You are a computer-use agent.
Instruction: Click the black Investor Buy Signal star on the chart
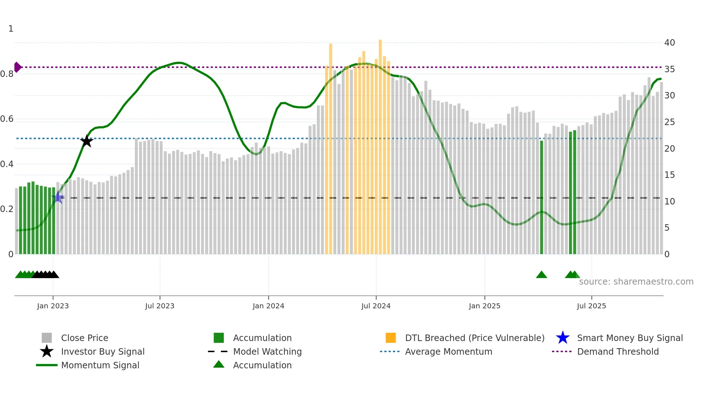pyautogui.click(x=86, y=141)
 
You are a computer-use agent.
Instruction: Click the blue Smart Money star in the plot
pyautogui.click(x=58, y=197)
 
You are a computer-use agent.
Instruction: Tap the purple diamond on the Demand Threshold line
pyautogui.click(x=17, y=67)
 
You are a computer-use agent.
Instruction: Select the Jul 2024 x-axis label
pyautogui.click(x=376, y=306)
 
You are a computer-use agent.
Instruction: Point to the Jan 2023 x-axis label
pyautogui.click(x=53, y=306)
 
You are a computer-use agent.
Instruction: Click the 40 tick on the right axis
pyautogui.click(x=669, y=43)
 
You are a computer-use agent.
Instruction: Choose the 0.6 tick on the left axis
pyautogui.click(x=7, y=119)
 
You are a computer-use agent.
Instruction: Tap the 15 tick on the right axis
pyautogui.click(x=669, y=175)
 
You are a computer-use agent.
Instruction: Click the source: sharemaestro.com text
pyautogui.click(x=636, y=282)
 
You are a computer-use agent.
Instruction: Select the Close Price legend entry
pyautogui.click(x=85, y=338)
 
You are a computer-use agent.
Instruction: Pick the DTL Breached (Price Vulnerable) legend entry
pyautogui.click(x=474, y=338)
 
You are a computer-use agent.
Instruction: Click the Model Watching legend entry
pyautogui.click(x=267, y=351)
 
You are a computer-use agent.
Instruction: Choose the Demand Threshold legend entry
pyautogui.click(x=618, y=351)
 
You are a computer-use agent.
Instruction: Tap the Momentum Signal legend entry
pyautogui.click(x=100, y=365)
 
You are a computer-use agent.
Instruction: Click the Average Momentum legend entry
pyautogui.click(x=449, y=351)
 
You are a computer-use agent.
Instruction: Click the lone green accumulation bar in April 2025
pyautogui.click(x=542, y=198)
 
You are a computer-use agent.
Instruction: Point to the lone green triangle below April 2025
pyautogui.click(x=541, y=275)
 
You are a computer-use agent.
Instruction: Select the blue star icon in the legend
pyautogui.click(x=563, y=338)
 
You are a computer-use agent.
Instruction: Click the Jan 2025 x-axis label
pyautogui.click(x=485, y=306)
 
